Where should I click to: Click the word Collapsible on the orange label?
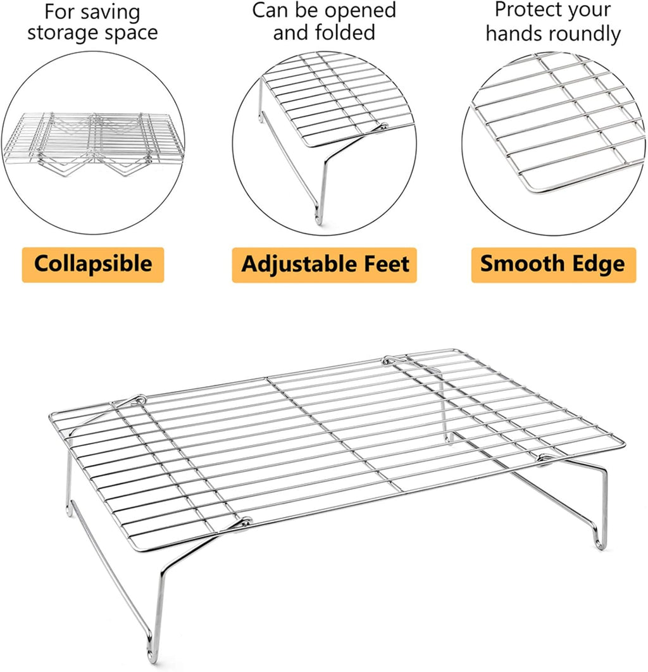point(93,264)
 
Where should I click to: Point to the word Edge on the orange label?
point(594,264)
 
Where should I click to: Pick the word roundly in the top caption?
point(585,34)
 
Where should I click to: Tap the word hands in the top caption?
point(514,32)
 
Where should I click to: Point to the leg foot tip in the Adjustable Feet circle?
point(318,218)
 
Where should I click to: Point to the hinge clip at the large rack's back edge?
point(390,359)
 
